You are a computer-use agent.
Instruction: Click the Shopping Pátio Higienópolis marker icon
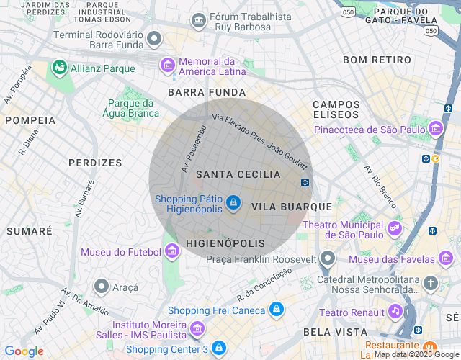tap(233, 204)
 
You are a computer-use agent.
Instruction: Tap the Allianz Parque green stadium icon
tap(60, 68)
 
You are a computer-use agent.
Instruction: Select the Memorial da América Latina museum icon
tap(167, 66)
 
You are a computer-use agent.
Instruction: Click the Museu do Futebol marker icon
tap(171, 251)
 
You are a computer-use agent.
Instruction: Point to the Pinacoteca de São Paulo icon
tap(435, 130)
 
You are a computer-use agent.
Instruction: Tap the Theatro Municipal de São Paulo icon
tap(394, 228)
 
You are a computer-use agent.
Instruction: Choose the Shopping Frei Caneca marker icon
tap(275, 310)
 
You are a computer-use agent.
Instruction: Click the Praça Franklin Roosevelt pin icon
tap(328, 258)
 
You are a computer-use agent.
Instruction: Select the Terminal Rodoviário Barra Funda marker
tap(153, 38)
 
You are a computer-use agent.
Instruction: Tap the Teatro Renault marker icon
tap(395, 311)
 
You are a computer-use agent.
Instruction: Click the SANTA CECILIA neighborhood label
tap(238, 174)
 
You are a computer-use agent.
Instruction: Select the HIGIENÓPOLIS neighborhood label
tap(225, 243)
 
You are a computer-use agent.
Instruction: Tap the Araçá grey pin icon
tap(102, 287)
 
